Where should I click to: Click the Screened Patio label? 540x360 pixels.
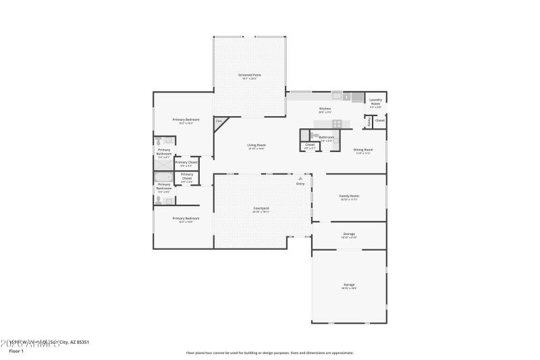coord(250,75)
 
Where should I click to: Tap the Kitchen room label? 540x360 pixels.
coord(325,109)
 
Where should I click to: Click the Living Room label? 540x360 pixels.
coord(256,145)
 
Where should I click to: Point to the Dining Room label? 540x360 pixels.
coord(363,150)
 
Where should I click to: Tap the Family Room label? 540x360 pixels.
coord(349,197)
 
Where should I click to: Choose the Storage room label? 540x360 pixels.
coord(349,234)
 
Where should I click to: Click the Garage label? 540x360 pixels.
coord(349,285)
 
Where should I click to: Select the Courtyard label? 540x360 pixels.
coord(261,208)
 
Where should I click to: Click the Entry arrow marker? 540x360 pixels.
coord(300,179)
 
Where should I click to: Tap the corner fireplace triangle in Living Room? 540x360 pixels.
coord(219,122)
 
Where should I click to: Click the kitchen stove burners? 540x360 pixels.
coord(337,123)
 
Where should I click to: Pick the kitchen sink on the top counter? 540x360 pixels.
coord(347,97)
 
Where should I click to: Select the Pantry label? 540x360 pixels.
coord(369,122)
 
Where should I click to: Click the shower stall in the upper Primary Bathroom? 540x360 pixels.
coord(164,161)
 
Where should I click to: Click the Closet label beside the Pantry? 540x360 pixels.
coord(379,121)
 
